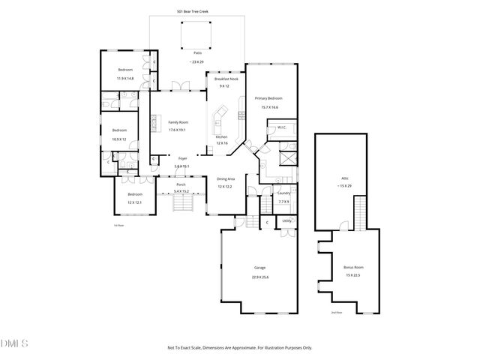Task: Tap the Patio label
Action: [x=197, y=53]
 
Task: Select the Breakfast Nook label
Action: [x=226, y=79]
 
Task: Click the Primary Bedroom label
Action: [x=269, y=98]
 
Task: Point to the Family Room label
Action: [x=178, y=122]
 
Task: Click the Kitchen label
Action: [x=221, y=137]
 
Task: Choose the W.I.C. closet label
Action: [x=282, y=127]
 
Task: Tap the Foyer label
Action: [x=182, y=158]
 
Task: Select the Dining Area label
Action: [x=226, y=178]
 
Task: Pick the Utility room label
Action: [x=286, y=220]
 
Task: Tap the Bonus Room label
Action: [x=352, y=267]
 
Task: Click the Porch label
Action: [x=181, y=184]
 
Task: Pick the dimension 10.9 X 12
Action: [x=119, y=139]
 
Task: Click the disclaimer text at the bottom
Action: [x=239, y=347]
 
